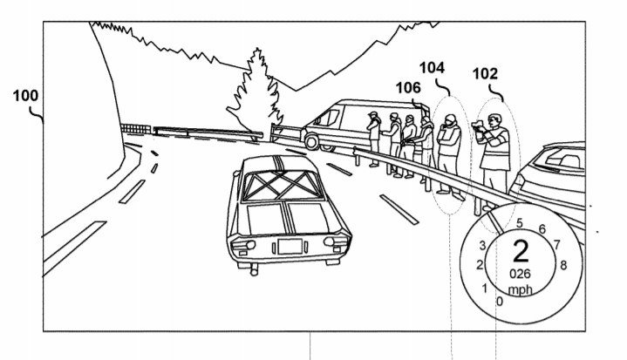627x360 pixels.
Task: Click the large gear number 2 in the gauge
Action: (521, 252)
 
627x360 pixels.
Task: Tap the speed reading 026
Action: (521, 273)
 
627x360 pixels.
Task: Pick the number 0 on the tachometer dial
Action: (498, 302)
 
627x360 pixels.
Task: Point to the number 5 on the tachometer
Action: (520, 222)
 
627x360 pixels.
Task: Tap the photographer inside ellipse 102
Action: (494, 153)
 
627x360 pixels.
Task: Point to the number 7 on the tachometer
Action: (555, 245)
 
